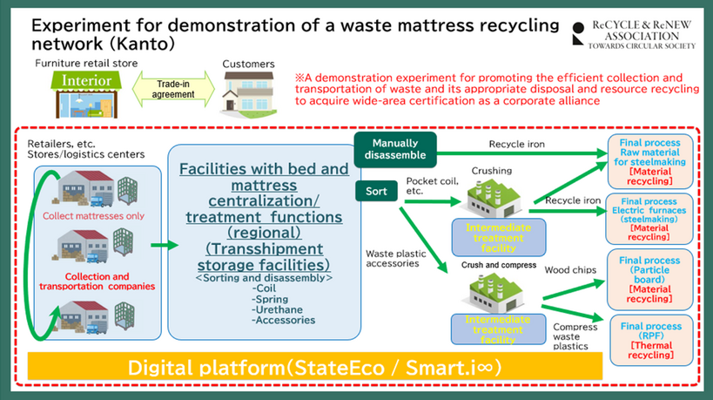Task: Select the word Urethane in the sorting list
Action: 275,308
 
